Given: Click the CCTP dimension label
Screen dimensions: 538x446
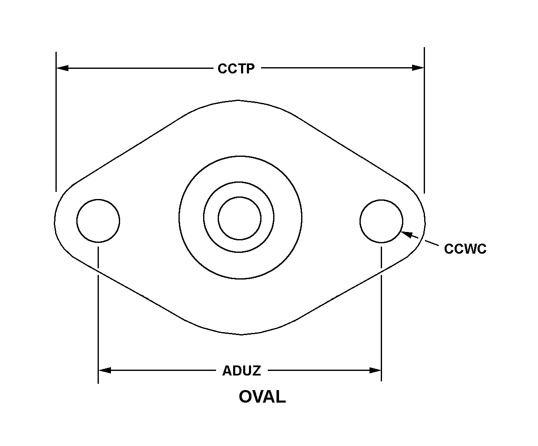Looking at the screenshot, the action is [x=236, y=69].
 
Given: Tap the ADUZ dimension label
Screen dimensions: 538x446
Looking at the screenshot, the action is [x=241, y=371].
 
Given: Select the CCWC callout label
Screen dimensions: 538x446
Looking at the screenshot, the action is [x=465, y=249].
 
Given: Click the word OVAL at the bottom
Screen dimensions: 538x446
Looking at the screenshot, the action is [x=262, y=396].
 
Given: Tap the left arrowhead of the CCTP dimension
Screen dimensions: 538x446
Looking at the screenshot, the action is [x=63, y=68].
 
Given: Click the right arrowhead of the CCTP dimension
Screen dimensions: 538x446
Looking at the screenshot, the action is [x=418, y=68].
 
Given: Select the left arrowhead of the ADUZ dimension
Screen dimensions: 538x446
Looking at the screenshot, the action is [x=105, y=370].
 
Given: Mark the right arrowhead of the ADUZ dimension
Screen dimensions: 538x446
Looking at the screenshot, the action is [x=375, y=370].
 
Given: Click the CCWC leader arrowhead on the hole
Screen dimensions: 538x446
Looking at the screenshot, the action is [x=407, y=234].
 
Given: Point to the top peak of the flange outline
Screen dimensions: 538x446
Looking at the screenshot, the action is [x=238, y=100].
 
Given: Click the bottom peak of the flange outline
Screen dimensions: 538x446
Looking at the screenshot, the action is [x=241, y=334].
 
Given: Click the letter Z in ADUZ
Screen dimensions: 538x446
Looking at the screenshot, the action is [x=256, y=371].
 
